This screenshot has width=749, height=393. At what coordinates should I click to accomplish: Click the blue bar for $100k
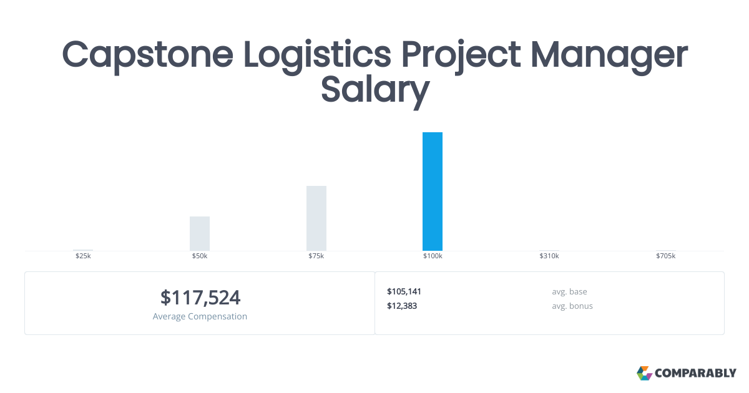pyautogui.click(x=433, y=192)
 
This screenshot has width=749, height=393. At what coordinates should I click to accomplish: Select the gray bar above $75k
pyautogui.click(x=316, y=218)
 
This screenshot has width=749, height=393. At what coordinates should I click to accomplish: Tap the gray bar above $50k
pyautogui.click(x=200, y=233)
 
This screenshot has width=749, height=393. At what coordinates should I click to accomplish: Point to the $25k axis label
pyautogui.click(x=83, y=256)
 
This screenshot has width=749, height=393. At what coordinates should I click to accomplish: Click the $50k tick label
pyautogui.click(x=200, y=256)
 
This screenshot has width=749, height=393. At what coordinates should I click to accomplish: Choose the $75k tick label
pyautogui.click(x=316, y=256)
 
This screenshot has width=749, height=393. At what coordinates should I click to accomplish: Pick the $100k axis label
pyautogui.click(x=433, y=256)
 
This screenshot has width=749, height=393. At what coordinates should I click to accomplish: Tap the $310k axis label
pyautogui.click(x=549, y=256)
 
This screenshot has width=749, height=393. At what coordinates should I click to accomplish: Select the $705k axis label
pyautogui.click(x=665, y=256)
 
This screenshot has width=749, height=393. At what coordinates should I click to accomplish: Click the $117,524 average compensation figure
pyautogui.click(x=200, y=298)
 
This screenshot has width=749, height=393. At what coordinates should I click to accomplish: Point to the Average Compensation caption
pyautogui.click(x=200, y=316)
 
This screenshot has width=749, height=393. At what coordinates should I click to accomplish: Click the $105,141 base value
pyautogui.click(x=404, y=291)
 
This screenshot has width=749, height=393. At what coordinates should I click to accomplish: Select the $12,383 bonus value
pyautogui.click(x=402, y=306)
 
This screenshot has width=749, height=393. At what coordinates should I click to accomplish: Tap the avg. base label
pyautogui.click(x=569, y=291)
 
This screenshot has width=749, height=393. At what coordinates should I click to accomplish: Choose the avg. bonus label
pyautogui.click(x=572, y=306)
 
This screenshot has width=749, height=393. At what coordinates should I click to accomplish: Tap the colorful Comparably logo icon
pyautogui.click(x=644, y=373)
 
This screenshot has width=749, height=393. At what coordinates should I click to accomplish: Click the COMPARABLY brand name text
pyautogui.click(x=695, y=373)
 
